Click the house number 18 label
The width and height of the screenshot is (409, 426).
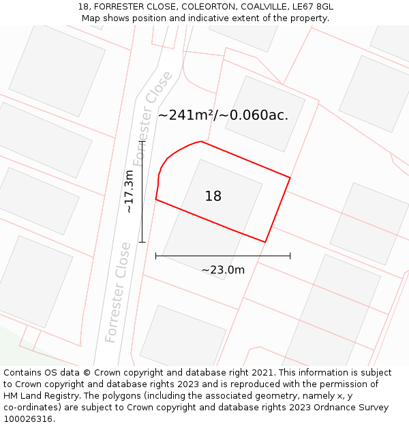point(213,196)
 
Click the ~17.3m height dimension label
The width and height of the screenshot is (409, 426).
point(130,192)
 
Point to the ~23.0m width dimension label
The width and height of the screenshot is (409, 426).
point(223,270)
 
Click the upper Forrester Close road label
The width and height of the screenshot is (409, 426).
point(153,117)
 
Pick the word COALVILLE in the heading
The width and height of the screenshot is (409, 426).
point(262,7)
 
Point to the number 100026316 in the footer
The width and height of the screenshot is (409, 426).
point(29,419)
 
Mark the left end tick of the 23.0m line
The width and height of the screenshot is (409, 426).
point(156,256)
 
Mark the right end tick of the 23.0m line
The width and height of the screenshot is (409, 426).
point(290,256)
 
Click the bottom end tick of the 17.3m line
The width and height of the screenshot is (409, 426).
point(142,242)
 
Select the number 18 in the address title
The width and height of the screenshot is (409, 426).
point(84,7)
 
